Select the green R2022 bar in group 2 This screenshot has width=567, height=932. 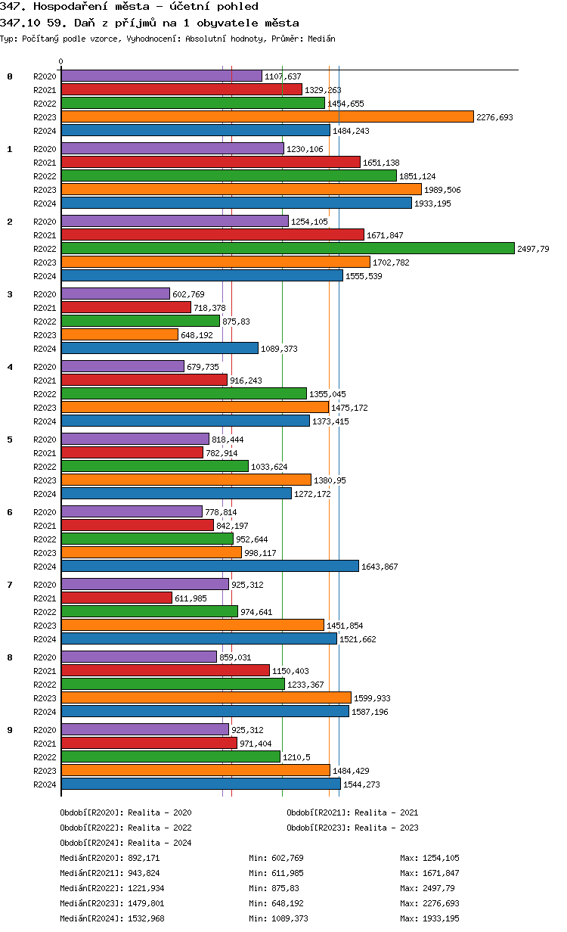287,248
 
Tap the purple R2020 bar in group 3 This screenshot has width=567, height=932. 115,294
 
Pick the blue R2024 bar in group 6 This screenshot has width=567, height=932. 209,566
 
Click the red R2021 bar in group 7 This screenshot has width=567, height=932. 116,598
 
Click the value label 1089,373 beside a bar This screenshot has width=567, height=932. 279,349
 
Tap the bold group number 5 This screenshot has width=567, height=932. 10,440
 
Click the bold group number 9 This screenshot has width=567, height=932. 10,730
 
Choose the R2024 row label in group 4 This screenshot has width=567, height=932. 45,421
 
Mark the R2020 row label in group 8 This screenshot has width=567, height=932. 45,657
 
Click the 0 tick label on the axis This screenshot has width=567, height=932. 61,61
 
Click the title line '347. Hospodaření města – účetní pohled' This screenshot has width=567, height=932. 129,7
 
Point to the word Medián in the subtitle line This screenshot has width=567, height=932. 322,38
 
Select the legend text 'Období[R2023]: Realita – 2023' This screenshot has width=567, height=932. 352,828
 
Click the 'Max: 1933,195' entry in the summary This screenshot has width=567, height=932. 429,918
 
